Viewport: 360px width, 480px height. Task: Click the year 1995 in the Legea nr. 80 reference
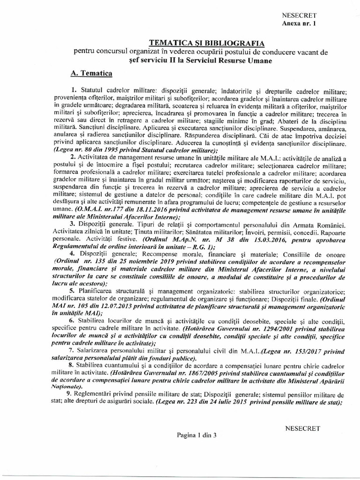(113, 150)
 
